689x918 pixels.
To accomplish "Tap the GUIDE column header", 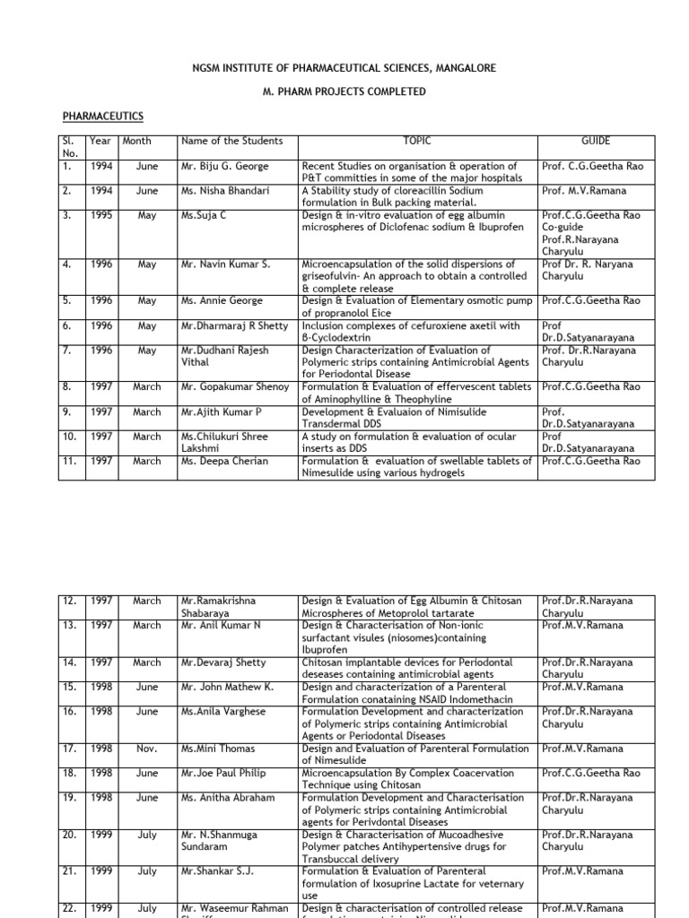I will (596, 141).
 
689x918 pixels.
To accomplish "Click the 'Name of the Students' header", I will (231, 141).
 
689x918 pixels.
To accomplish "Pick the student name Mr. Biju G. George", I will (225, 166).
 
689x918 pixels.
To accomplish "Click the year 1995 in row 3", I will (100, 216).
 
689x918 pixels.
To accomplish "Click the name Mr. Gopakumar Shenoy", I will (235, 386).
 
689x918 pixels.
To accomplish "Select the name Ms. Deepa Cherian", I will (222, 461).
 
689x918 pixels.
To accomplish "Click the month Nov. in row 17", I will (147, 749).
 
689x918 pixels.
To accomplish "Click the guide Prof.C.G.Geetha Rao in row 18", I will (590, 773).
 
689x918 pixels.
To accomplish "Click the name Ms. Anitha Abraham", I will (226, 797).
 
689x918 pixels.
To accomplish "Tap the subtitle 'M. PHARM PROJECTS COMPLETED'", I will (344, 91).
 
